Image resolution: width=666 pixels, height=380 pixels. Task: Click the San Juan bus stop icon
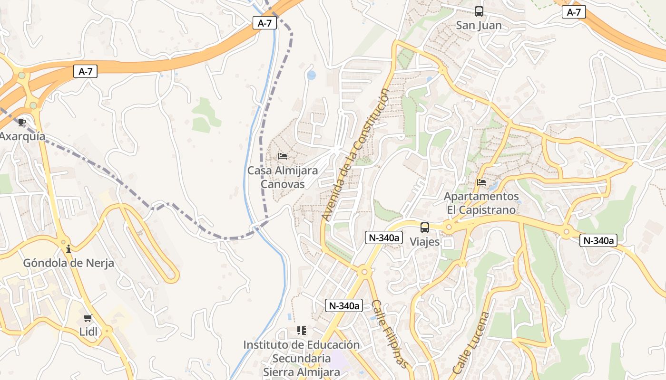click(479, 11)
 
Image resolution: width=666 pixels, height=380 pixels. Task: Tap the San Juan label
click(479, 25)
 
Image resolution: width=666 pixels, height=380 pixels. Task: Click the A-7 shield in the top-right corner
click(574, 12)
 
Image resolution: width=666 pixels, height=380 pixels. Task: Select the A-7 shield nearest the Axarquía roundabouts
click(85, 72)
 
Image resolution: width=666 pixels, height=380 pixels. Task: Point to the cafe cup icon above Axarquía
click(22, 123)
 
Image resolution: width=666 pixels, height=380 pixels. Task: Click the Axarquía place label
click(22, 136)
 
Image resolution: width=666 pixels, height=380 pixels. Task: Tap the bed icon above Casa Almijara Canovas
click(283, 156)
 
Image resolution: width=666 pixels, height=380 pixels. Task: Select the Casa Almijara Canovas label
click(283, 177)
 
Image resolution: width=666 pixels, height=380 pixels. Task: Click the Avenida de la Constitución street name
click(355, 154)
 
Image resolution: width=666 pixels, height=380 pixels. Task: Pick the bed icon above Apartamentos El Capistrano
click(481, 182)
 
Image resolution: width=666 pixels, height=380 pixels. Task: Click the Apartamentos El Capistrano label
click(481, 203)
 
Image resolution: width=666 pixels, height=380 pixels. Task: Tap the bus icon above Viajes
click(425, 228)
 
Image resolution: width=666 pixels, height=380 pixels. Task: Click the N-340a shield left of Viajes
click(383, 237)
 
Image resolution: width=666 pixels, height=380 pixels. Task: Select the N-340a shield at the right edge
click(598, 241)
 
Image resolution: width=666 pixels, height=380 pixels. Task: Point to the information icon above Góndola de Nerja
click(69, 249)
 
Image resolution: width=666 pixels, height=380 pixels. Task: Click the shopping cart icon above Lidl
click(88, 318)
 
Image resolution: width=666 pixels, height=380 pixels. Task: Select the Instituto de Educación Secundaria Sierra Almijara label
click(302, 358)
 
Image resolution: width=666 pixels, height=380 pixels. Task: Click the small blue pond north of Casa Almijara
click(312, 75)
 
